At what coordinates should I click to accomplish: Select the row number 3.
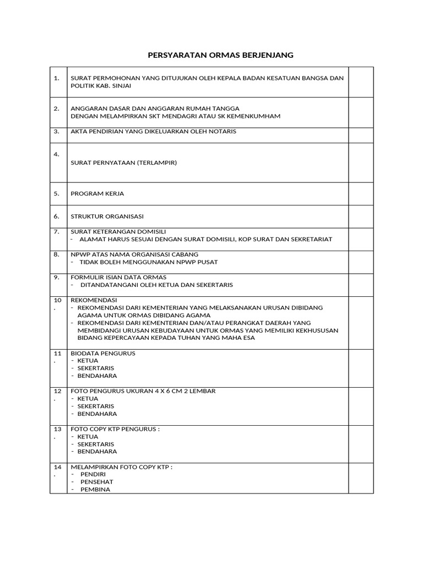pyautogui.click(x=57, y=132)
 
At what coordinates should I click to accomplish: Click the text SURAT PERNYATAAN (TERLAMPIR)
pyautogui.click(x=124, y=162)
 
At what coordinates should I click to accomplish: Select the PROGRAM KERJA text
pyautogui.click(x=97, y=194)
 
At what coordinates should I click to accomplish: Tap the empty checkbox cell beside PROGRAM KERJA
pyautogui.click(x=361, y=194)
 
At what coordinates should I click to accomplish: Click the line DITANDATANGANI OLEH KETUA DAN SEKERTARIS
pyautogui.click(x=156, y=285)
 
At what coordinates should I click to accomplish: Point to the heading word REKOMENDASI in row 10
pyautogui.click(x=94, y=300)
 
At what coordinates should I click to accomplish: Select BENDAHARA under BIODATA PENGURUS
pyautogui.click(x=97, y=376)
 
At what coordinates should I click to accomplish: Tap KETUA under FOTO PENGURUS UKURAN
pyautogui.click(x=88, y=398)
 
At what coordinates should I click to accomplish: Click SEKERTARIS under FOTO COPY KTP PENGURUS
pyautogui.click(x=96, y=444)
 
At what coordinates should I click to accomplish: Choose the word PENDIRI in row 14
pyautogui.click(x=93, y=474)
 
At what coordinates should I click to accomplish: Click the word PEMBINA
pyautogui.click(x=95, y=489)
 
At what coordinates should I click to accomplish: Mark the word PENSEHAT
pyautogui.click(x=96, y=482)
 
